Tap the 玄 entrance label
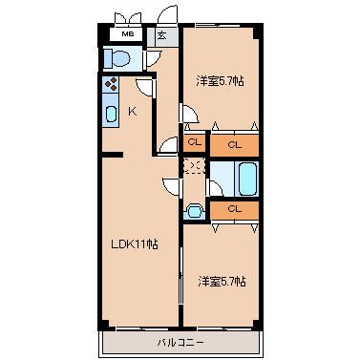161,35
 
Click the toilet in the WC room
117,58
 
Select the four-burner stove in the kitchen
111,84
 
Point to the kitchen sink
111,114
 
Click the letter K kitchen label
133,112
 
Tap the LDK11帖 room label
135,244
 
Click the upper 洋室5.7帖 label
221,81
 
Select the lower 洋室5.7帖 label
222,282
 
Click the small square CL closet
195,142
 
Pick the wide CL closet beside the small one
235,145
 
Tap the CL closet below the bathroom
235,210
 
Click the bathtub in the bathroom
248,179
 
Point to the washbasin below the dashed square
194,211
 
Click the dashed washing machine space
194,166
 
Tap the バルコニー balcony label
180,343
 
